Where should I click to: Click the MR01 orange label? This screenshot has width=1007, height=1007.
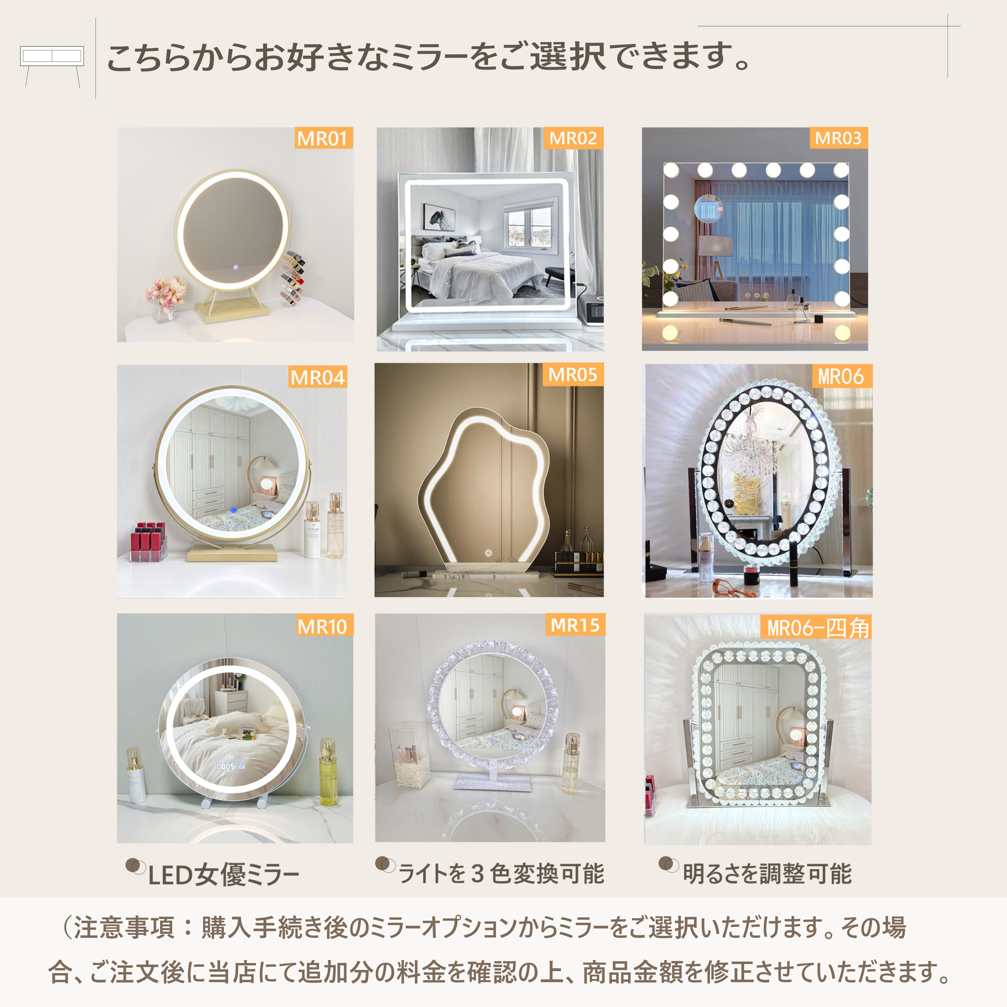click(324, 138)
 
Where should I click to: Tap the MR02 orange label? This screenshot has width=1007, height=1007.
click(573, 138)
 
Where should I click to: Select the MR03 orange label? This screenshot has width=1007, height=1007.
click(838, 138)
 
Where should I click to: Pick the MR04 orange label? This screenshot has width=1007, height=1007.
click(318, 377)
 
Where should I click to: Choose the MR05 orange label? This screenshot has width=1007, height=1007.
click(573, 374)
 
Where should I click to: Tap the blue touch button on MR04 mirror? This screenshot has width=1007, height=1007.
click(233, 510)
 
